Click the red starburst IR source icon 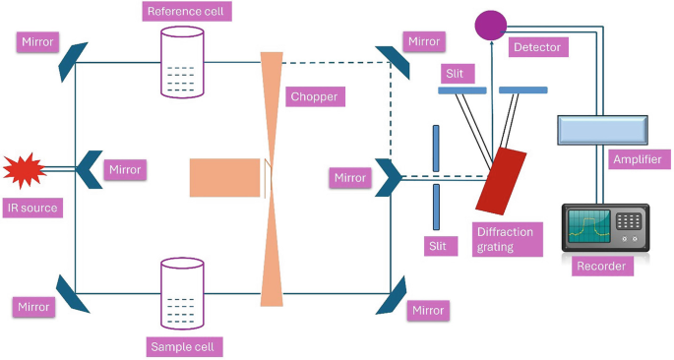pyautogui.click(x=24, y=170)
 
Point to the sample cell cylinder pyautogui.click(x=182, y=293)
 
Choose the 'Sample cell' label pyautogui.click(x=186, y=347)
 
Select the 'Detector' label pyautogui.click(x=537, y=47)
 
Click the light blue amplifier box pyautogui.click(x=601, y=129)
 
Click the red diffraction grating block pyautogui.click(x=502, y=180)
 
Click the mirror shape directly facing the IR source pyautogui.click(x=89, y=169)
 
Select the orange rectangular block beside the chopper pyautogui.click(x=225, y=177)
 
